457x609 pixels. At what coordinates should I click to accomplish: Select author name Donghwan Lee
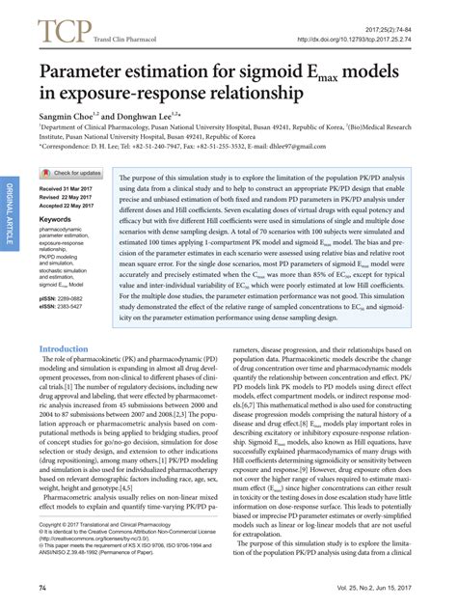[x=147, y=116]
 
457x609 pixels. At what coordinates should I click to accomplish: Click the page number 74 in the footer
[x=42, y=588]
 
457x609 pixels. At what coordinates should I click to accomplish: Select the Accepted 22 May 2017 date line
[x=72, y=205]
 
